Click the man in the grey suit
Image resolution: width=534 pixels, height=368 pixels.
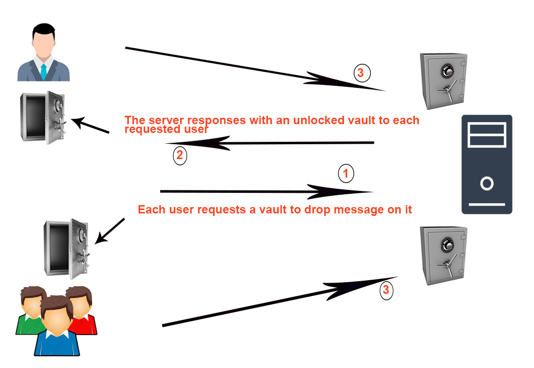tap(44, 54)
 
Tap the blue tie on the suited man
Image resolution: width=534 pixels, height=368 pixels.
tap(44, 72)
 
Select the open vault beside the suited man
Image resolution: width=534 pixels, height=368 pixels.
tap(43, 117)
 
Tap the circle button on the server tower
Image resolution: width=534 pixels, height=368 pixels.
tap(486, 184)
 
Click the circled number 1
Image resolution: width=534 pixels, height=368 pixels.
tap(346, 173)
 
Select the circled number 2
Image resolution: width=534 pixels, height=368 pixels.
tap(180, 156)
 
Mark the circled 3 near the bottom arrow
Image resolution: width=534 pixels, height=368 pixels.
tap(386, 290)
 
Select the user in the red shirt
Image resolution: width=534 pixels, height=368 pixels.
tap(81, 312)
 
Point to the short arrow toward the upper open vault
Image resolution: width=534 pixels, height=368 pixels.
tap(91, 125)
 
